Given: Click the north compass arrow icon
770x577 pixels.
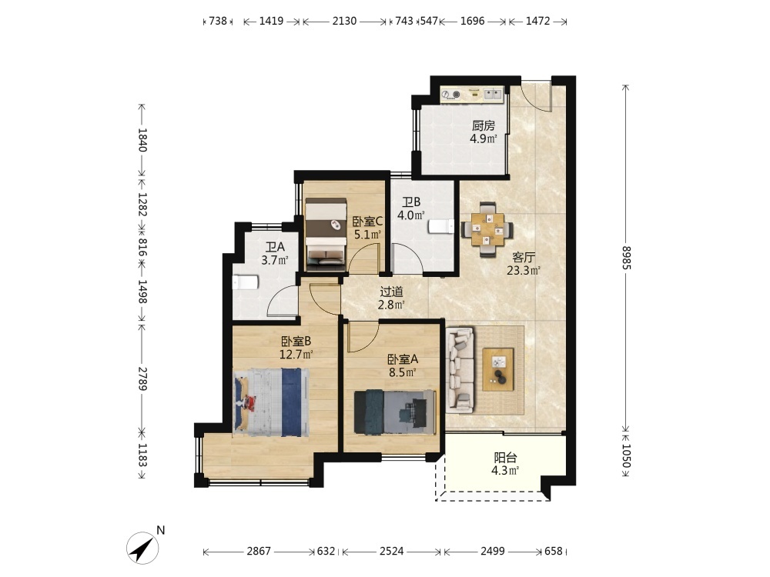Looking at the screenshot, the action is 142,548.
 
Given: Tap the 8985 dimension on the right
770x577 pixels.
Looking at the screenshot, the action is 625,257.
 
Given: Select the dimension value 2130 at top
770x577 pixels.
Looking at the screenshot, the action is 344,21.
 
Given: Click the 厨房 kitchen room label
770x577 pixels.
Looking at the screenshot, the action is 484,125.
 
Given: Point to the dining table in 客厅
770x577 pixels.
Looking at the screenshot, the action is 487,229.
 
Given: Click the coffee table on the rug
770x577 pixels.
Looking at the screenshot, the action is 498,369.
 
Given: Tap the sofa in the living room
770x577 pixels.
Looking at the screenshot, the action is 460,369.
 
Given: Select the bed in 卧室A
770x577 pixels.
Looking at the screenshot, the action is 395,412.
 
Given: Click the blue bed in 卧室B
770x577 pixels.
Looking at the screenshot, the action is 271,402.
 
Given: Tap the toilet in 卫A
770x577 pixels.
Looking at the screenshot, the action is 245,282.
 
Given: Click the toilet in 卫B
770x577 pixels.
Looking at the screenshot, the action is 441,226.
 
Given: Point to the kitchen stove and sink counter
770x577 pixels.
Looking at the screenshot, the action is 471,95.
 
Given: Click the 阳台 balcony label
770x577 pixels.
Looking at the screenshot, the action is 505,458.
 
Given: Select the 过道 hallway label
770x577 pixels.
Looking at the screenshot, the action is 391,292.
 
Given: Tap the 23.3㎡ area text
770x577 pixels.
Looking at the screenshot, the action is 524,270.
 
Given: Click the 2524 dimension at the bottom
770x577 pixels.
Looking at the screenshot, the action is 391,551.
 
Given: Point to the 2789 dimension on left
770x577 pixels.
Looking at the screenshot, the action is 142,379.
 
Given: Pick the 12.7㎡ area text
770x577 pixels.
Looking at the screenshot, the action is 296,354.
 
